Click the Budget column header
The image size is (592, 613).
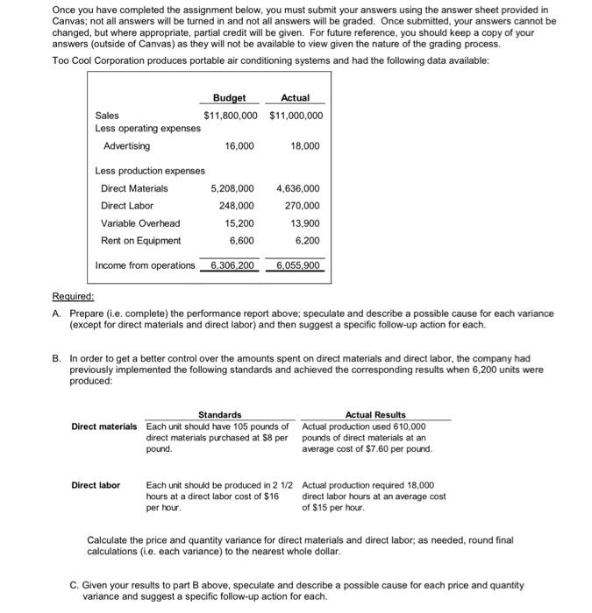229,98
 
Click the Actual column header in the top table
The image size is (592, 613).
296,98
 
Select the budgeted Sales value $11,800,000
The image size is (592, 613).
231,115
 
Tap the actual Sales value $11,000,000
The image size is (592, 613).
296,115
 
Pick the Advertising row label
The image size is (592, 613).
126,145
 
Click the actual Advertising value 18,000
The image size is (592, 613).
304,145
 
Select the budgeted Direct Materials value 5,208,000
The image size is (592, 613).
232,188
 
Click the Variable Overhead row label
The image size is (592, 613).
140,223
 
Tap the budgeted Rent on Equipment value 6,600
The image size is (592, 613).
241,240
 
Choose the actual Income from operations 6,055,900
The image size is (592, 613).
298,264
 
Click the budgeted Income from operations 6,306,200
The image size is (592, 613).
232,264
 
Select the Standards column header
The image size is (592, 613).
219,414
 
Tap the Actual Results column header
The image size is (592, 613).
375,414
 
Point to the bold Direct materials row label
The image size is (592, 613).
104,426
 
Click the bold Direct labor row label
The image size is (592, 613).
96,484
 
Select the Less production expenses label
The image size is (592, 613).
149,171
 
